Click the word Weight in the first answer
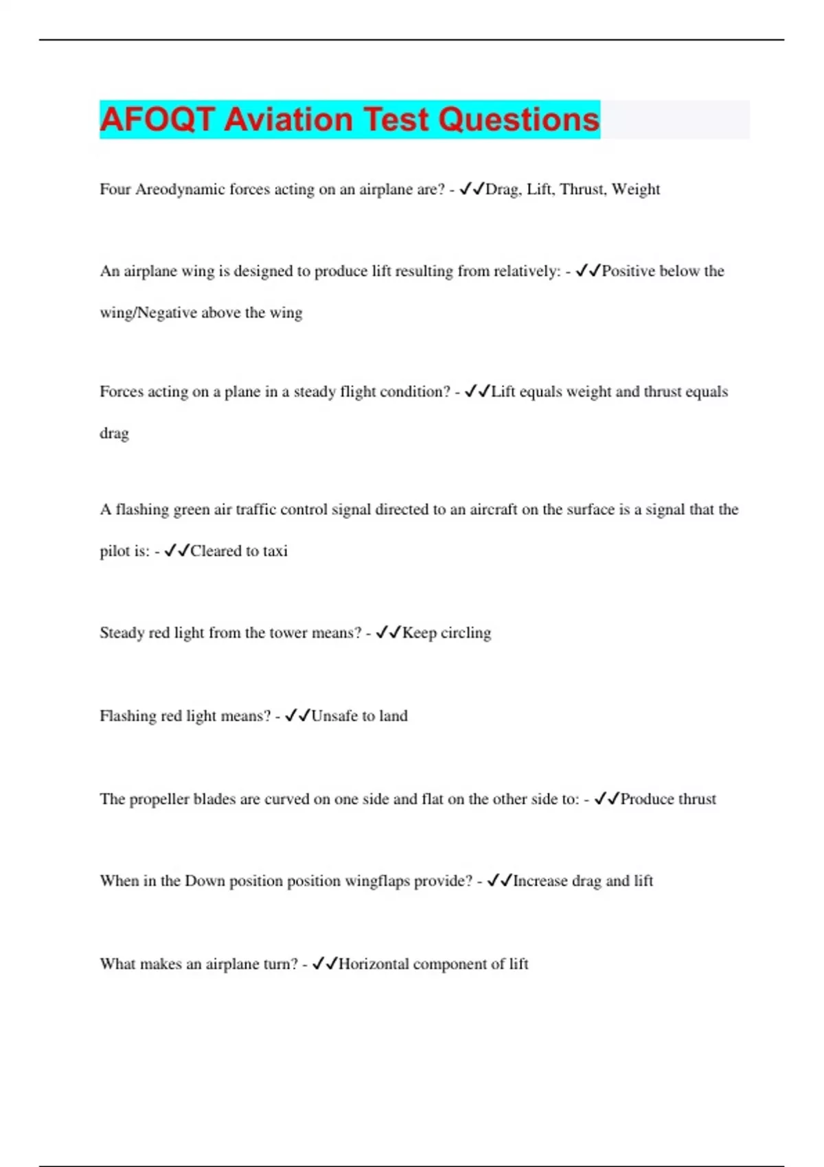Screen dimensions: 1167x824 click(636, 189)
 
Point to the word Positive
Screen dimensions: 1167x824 click(628, 271)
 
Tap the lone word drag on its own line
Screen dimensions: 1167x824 click(114, 434)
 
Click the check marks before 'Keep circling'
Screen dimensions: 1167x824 click(388, 632)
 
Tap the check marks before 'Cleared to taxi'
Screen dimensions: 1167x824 click(176, 551)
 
